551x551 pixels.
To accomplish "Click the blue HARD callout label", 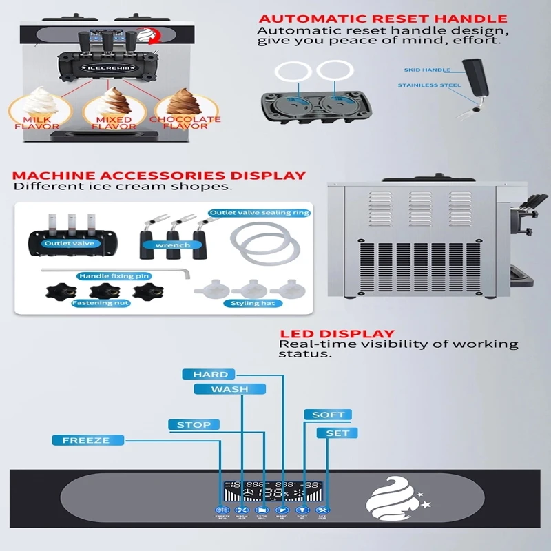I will tap(210, 374).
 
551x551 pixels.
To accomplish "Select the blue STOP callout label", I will tap(194, 424).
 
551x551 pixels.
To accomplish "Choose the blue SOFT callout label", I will tap(328, 415).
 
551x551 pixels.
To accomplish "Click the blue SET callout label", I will tap(337, 433).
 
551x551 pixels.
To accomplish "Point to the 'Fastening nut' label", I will tap(101, 302).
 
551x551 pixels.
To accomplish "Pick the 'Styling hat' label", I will tap(254, 303).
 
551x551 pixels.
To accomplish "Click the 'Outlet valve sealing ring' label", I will tap(259, 213).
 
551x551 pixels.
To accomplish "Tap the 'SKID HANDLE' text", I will tap(428, 70).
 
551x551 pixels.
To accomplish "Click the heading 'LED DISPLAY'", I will tap(336, 334).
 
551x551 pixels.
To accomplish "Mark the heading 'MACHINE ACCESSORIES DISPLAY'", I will tap(158, 176).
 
